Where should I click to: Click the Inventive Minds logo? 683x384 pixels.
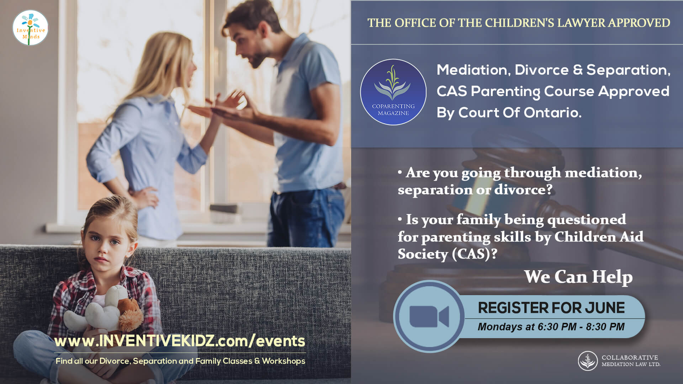(31, 28)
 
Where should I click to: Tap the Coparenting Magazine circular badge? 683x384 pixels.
(393, 92)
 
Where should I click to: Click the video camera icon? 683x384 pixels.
(429, 316)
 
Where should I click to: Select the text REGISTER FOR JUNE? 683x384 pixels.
(551, 308)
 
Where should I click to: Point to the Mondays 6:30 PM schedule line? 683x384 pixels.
(551, 327)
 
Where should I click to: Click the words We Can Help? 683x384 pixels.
(578, 277)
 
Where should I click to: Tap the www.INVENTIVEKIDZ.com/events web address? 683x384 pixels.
(180, 341)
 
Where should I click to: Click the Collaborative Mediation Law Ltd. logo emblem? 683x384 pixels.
(588, 361)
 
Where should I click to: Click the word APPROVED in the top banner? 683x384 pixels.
(639, 23)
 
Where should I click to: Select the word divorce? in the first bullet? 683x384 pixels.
(524, 190)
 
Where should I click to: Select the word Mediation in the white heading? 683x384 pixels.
(473, 70)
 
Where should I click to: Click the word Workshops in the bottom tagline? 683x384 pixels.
(284, 361)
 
